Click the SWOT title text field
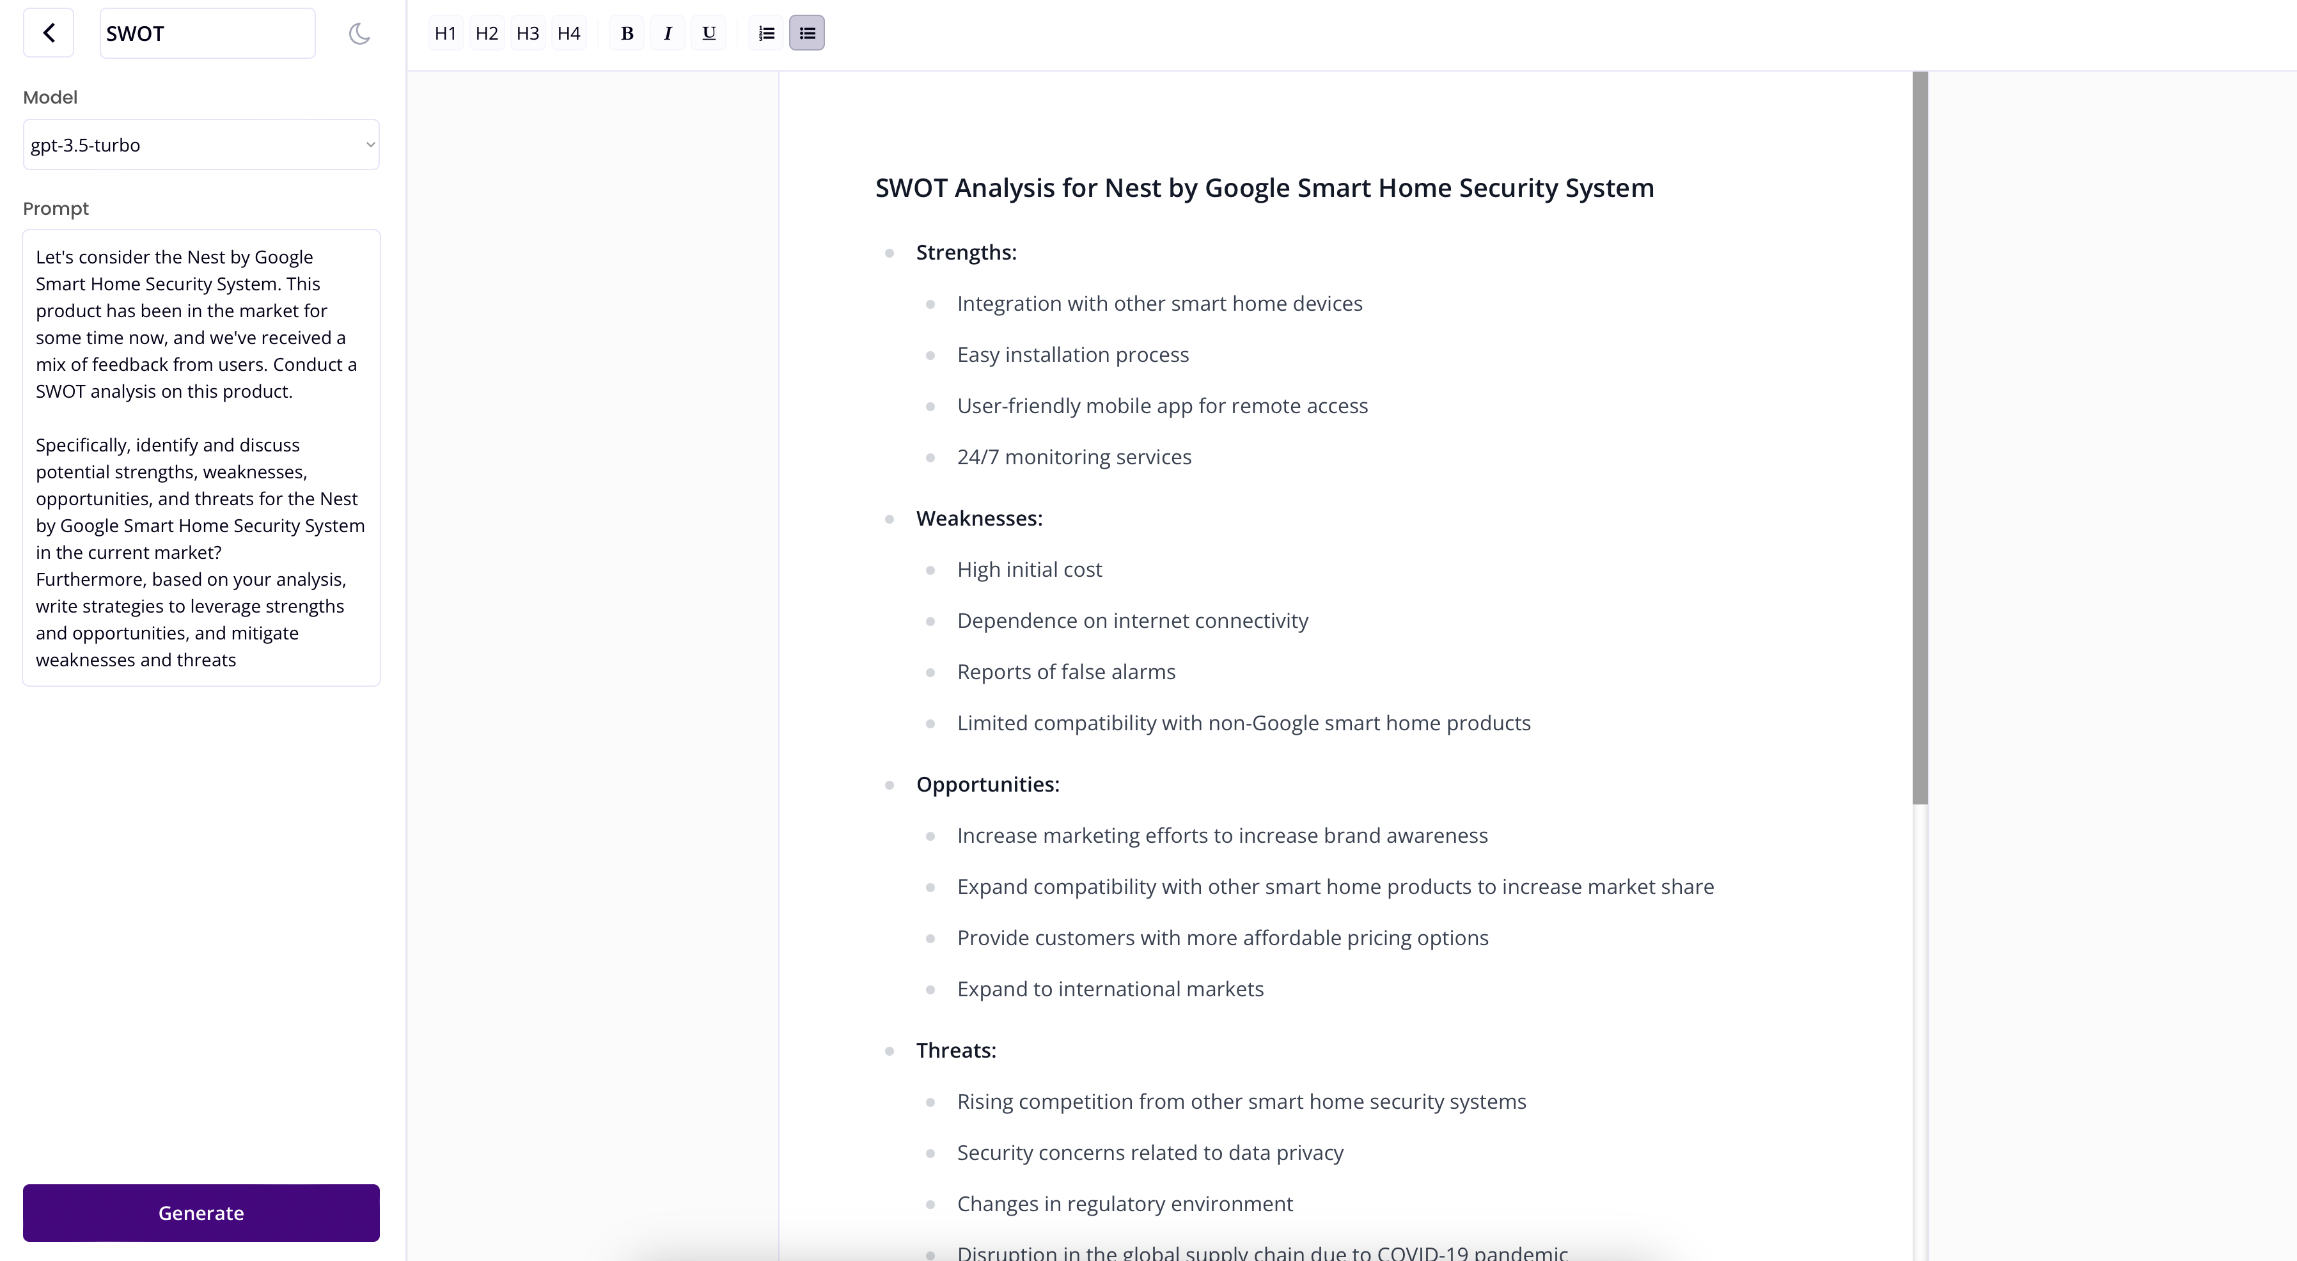click(207, 34)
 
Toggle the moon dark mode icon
click(359, 34)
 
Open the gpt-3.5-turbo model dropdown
click(201, 145)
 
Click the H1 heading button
click(445, 34)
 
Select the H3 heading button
click(528, 34)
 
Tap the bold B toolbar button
click(627, 34)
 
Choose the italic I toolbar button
click(668, 34)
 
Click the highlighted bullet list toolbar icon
click(807, 34)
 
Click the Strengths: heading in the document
click(966, 253)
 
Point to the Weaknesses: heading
click(979, 518)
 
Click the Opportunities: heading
click(987, 784)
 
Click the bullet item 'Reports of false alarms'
click(1065, 671)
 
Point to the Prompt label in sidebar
click(55, 208)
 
